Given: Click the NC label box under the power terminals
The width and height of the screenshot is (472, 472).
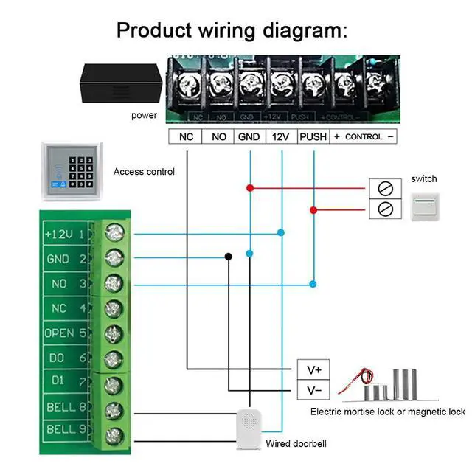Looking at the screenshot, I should point(186,136).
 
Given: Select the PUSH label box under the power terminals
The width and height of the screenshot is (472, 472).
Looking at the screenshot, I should point(313,136).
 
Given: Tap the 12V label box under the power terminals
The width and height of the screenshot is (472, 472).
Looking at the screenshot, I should point(281,136).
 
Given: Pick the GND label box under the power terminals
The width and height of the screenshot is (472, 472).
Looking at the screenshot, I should point(249,136).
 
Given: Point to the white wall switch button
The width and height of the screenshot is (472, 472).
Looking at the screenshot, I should point(425,207).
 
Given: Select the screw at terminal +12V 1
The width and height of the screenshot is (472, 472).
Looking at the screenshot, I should point(113,234).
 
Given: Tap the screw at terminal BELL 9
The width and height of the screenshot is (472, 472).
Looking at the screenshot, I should point(113,435).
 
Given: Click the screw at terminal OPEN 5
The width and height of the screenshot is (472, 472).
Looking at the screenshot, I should point(113,333).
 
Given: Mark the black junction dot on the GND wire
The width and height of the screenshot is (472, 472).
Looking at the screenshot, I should point(228,257).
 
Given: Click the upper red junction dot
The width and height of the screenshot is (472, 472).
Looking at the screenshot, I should point(250,188).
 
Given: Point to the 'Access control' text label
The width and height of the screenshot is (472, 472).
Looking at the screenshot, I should point(144,172).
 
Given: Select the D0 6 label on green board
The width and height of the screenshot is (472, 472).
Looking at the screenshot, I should point(67,358).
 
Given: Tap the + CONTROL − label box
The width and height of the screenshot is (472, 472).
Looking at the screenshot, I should point(364,136).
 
